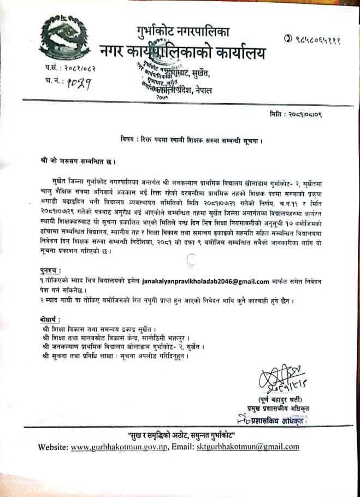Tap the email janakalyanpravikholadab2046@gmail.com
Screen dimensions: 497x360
(x=206, y=282)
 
